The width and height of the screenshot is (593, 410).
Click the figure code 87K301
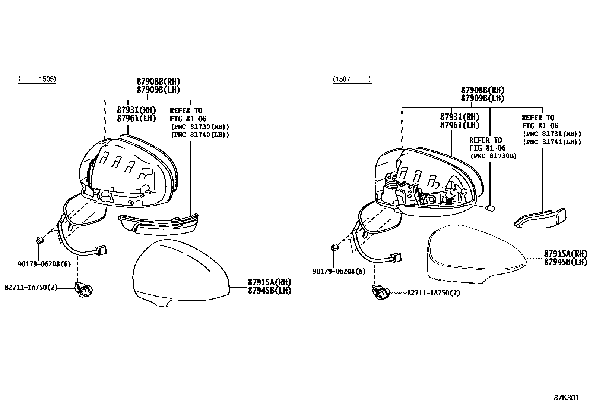click(566, 398)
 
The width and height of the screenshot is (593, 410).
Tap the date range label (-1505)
click(37, 79)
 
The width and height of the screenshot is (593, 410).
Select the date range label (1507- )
click(352, 79)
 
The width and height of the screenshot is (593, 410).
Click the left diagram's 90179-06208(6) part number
click(44, 264)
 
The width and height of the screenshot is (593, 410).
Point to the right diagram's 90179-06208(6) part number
click(339, 272)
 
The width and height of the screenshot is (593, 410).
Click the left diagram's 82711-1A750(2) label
click(31, 288)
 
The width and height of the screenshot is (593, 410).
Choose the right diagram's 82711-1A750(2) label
click(434, 293)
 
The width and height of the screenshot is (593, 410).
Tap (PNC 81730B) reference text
click(493, 156)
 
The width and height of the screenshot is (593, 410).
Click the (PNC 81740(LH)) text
click(200, 135)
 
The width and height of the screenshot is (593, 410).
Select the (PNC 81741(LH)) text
click(552, 142)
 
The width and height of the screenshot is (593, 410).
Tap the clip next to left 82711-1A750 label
click(84, 289)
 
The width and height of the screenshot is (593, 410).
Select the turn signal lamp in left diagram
click(158, 224)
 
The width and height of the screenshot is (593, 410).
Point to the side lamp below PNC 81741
click(540, 218)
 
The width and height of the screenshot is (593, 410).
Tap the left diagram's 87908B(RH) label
click(158, 81)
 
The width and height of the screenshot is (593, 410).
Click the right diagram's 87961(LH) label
click(460, 125)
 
